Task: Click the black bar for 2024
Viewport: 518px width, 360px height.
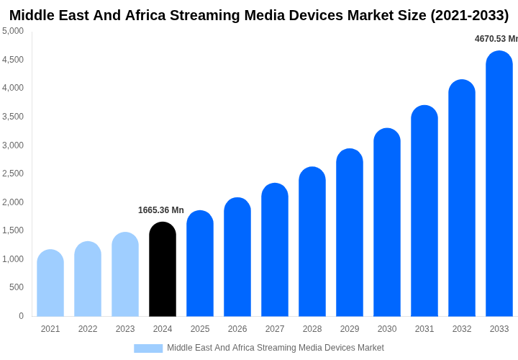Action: (x=163, y=270)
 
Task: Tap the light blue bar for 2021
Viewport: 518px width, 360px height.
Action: (x=50, y=284)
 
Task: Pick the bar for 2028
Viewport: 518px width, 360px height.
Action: (x=312, y=242)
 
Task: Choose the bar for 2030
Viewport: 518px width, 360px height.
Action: (x=387, y=222)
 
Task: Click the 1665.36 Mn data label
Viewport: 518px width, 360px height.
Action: (x=161, y=210)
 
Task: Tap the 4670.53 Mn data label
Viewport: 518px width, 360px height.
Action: (x=496, y=39)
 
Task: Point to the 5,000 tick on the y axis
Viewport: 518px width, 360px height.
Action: (x=13, y=31)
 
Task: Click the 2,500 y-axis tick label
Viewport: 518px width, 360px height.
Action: (x=13, y=174)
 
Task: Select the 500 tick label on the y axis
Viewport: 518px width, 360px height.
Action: (x=16, y=287)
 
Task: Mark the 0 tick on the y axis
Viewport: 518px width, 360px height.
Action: (x=21, y=316)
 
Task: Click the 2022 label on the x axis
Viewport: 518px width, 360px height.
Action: (x=88, y=329)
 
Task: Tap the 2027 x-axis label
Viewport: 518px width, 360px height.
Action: (x=275, y=329)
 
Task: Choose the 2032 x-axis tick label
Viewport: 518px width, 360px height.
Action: (x=462, y=329)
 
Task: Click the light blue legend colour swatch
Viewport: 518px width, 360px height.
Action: (x=148, y=348)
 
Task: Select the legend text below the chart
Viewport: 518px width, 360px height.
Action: (x=276, y=348)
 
